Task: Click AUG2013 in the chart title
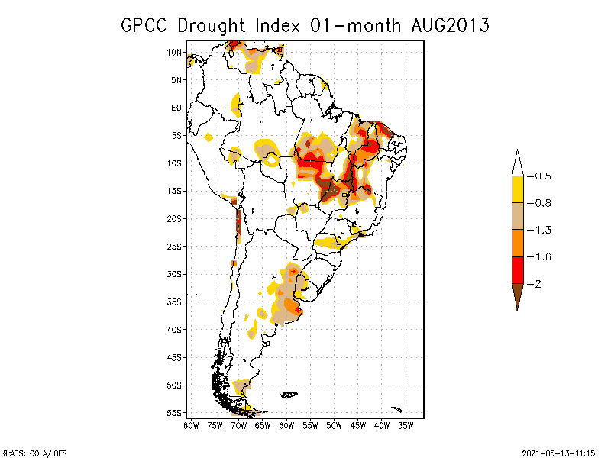pos(448,25)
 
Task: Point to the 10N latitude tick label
pos(175,52)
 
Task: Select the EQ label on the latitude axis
pos(176,108)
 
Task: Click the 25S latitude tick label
pos(175,246)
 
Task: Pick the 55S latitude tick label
pos(175,412)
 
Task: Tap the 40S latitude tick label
pos(175,329)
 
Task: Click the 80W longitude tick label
pos(191,424)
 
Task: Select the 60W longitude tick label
pos(286,424)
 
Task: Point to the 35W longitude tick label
pos(406,424)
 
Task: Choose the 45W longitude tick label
pos(358,424)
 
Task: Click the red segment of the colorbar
pos(517,269)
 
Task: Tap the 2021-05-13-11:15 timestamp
pos(558,453)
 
